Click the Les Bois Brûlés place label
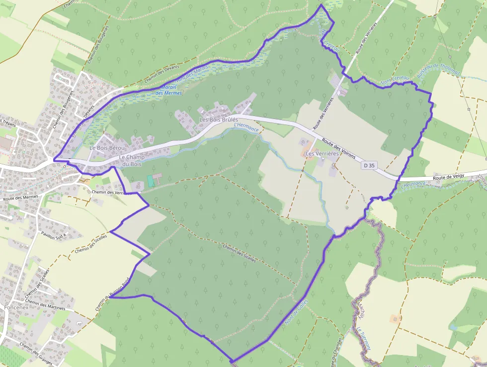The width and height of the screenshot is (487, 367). click(219, 120)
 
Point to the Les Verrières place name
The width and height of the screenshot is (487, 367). click(322, 154)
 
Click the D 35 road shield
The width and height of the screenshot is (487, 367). click(369, 165)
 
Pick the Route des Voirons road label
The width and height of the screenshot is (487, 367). click(338, 149)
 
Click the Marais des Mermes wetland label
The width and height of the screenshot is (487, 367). click(169, 90)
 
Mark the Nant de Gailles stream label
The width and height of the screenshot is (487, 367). click(297, 312)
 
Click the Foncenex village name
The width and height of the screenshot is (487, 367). click(16, 307)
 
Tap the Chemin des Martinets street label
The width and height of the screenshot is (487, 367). click(45, 305)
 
